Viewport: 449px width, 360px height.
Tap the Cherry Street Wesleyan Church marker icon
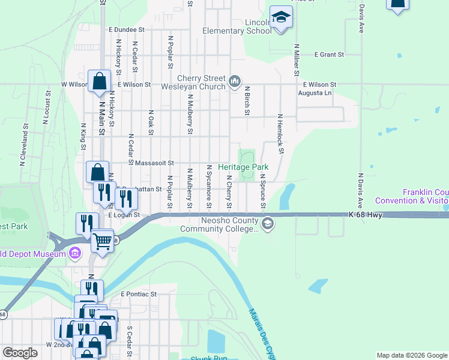(235, 80)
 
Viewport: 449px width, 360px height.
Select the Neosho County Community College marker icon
(268, 224)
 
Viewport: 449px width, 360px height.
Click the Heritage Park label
(243, 166)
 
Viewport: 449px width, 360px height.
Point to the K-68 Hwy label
(364, 214)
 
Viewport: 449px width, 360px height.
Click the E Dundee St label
(127, 29)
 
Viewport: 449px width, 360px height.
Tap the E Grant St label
(329, 54)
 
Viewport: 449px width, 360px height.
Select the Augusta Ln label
(316, 93)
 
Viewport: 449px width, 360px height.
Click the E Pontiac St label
(138, 294)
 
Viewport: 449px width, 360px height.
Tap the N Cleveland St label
(26, 141)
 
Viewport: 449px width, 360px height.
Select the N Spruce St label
(263, 193)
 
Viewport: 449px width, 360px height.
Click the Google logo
(20, 352)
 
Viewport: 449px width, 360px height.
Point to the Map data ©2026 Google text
(411, 355)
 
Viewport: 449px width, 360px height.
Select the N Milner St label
(297, 59)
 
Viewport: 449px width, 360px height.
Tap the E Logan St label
(124, 214)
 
